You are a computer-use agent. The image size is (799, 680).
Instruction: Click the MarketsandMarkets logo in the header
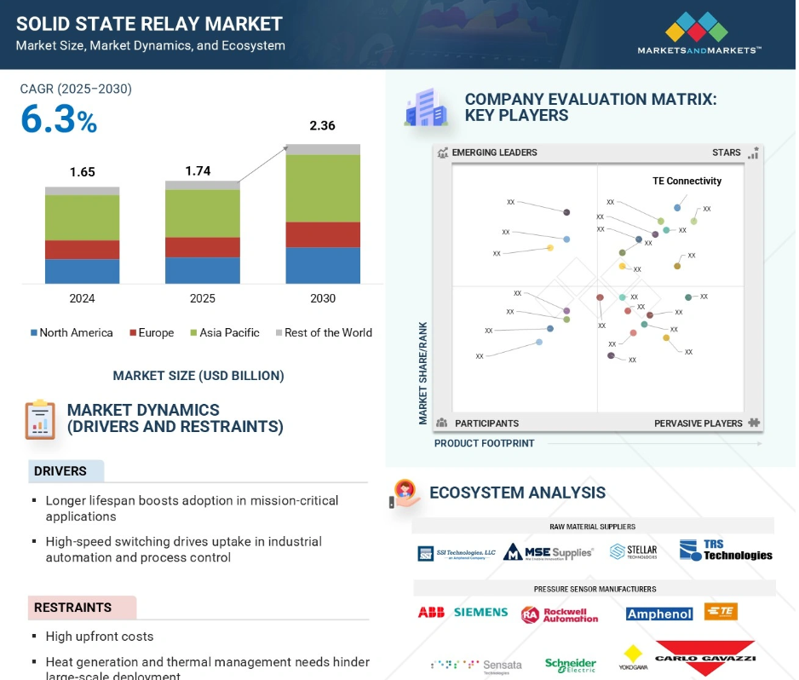pos(698,34)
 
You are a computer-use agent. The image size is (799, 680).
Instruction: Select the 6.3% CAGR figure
pos(59,120)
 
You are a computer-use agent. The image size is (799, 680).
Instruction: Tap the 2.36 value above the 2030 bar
pos(322,126)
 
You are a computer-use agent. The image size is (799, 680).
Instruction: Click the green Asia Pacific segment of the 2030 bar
pos(322,188)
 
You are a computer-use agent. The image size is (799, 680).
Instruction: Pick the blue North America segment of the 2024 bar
pos(82,271)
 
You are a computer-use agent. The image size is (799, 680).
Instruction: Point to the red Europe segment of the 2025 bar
pos(202,247)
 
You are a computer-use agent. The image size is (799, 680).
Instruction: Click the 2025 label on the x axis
pos(202,298)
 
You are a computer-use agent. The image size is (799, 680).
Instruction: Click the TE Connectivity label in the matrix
pos(687,181)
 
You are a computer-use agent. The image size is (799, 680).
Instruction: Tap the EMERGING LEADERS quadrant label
pos(494,153)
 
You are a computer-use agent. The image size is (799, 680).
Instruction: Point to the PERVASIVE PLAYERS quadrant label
pos(698,424)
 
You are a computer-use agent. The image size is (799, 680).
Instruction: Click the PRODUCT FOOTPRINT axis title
pos(484,443)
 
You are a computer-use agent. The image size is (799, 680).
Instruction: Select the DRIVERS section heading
pos(60,471)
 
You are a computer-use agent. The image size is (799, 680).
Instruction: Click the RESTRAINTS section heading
pos(72,608)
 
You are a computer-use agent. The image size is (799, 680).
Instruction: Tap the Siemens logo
pos(480,613)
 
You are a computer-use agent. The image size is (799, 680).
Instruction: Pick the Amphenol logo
pos(658,614)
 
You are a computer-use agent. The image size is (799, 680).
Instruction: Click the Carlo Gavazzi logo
pos(704,658)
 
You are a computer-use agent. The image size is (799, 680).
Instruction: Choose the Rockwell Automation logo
pos(560,614)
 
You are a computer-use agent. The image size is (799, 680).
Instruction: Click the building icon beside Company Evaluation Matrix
pos(426,108)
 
